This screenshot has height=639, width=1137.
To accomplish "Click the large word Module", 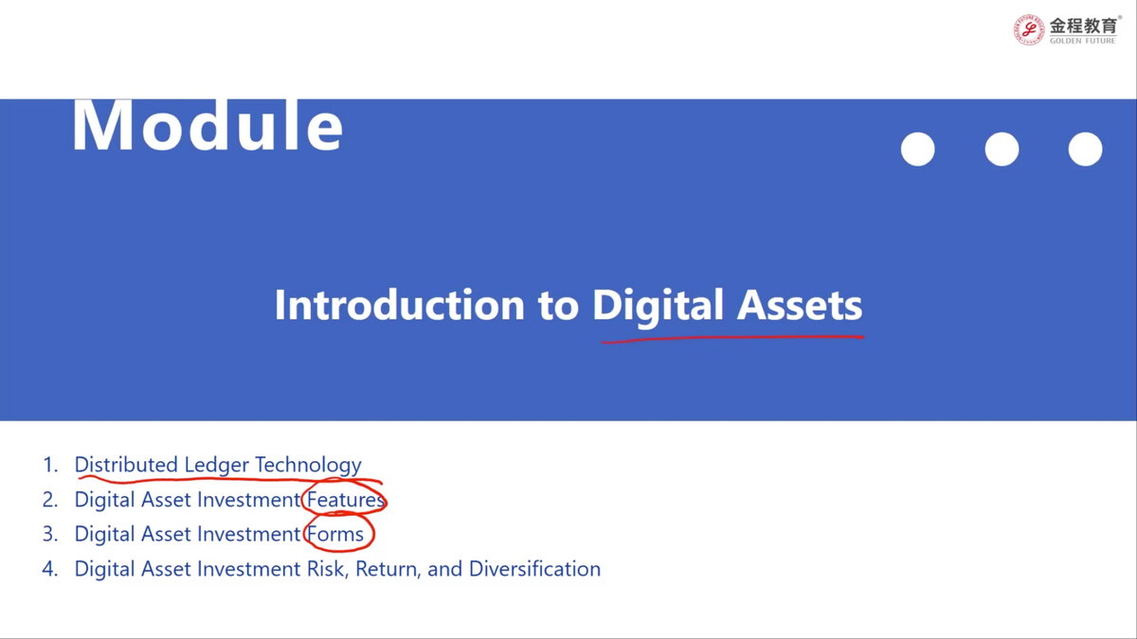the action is (x=208, y=125).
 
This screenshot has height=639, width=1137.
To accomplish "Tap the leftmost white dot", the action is (x=918, y=150).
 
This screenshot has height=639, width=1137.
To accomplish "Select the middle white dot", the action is (x=1002, y=150).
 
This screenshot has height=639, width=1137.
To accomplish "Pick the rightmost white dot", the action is (x=1085, y=150).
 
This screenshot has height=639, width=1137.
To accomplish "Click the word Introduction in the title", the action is (x=400, y=305).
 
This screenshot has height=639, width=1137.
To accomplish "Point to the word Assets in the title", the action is (x=799, y=305).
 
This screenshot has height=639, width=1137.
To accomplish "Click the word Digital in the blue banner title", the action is (x=658, y=308).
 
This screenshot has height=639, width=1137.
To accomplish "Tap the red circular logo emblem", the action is (x=1028, y=30).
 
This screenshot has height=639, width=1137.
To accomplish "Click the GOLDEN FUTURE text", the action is (x=1083, y=41).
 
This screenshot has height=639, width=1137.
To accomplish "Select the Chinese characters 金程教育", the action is (x=1083, y=26).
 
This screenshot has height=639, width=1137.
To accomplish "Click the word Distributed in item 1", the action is (x=126, y=465).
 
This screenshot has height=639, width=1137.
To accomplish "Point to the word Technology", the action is (x=308, y=466).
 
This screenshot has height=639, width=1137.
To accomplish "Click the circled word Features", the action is (x=346, y=500).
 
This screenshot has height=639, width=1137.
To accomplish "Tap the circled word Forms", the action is (x=335, y=534).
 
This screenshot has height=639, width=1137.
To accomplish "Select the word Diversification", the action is (x=534, y=569).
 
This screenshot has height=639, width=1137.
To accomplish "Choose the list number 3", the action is (x=49, y=534).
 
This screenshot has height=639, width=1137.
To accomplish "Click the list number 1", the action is (x=49, y=465).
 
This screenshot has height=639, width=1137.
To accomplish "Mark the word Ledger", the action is (x=216, y=466).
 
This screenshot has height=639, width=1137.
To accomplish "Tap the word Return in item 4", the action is (x=388, y=569).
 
